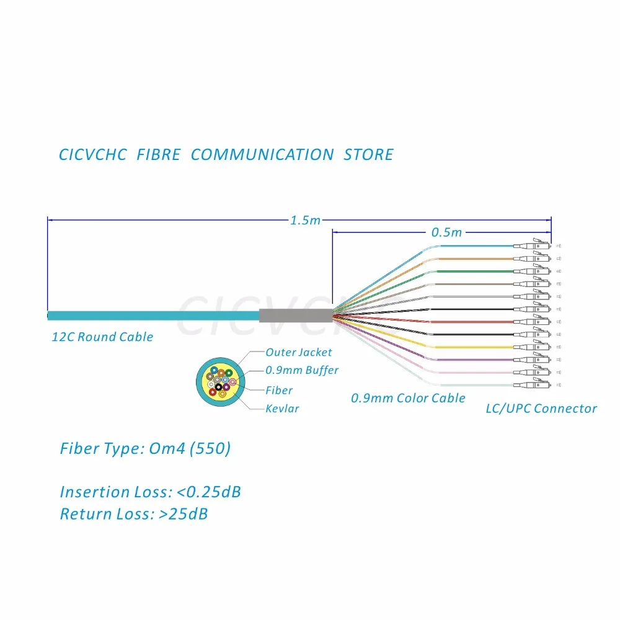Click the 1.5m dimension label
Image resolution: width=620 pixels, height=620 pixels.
coord(306,220)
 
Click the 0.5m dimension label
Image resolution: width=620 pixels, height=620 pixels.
coord(446,232)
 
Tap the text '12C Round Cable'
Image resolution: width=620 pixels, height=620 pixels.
coord(102,337)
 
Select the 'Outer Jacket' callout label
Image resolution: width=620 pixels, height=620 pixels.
coord(299,352)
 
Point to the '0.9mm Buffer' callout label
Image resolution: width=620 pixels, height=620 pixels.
coord(302,371)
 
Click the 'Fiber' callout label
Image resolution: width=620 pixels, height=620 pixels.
coord(279,390)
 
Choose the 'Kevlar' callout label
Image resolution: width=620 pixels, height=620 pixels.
coord(282,409)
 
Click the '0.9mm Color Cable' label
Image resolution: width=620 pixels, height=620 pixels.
coord(408,398)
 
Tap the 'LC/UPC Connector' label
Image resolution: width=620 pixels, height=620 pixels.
coord(541,409)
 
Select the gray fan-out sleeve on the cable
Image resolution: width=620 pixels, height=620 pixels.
coord(295,315)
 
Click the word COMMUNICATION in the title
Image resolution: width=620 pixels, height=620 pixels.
coord(262,154)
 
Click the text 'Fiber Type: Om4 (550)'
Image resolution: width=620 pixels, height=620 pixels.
coord(145,448)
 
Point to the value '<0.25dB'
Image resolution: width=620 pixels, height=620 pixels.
coord(209,492)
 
